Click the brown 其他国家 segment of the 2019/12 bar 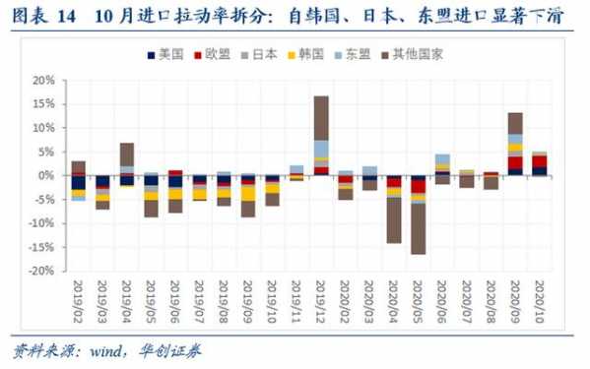coord(321,117)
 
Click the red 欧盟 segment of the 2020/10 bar coord(540,161)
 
